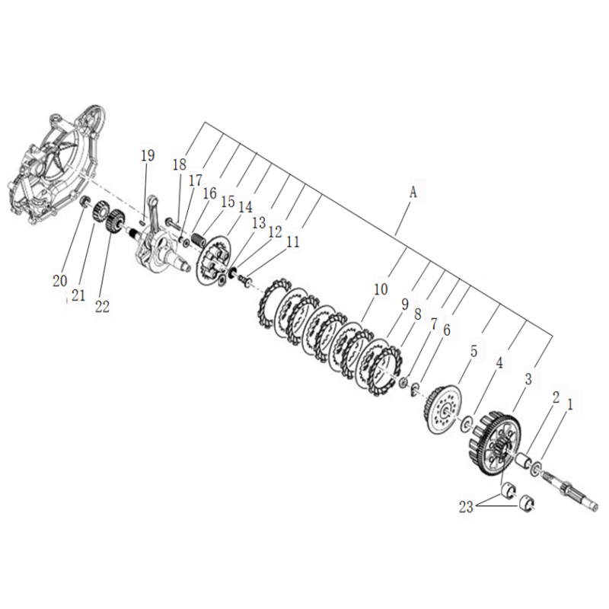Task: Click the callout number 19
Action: click(x=148, y=155)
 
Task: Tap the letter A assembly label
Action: click(x=413, y=192)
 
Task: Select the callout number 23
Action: click(x=467, y=507)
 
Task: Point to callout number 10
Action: click(x=381, y=289)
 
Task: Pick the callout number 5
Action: click(x=473, y=352)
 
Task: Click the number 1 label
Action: click(x=569, y=406)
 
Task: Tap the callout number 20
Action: click(x=60, y=281)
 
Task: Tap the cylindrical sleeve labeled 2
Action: click(x=522, y=461)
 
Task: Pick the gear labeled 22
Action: click(x=115, y=222)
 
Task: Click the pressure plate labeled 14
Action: click(x=213, y=260)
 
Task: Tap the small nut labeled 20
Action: click(x=84, y=202)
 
